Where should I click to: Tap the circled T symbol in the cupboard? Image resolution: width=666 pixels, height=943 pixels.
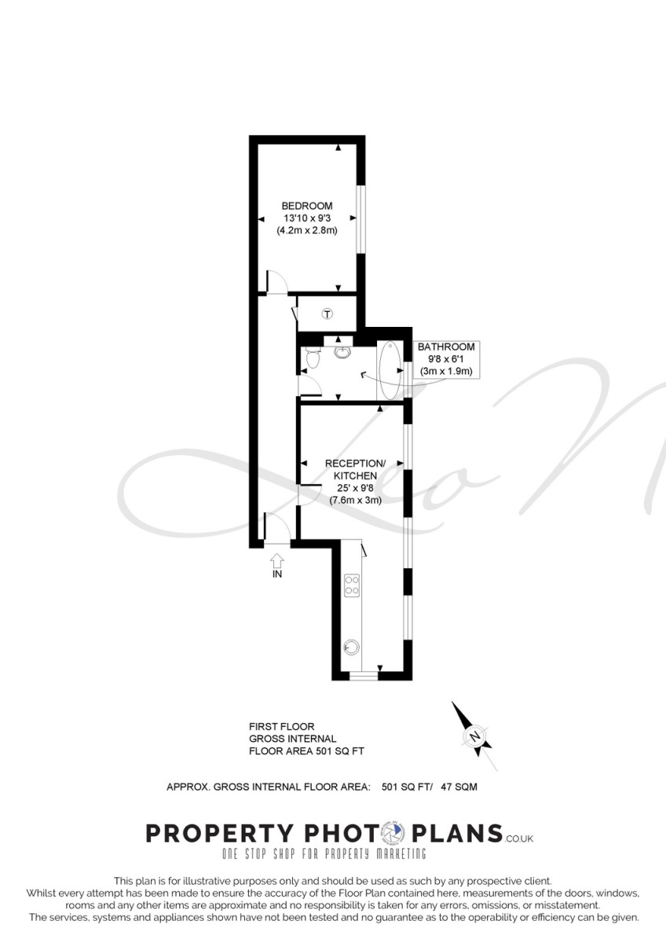328,314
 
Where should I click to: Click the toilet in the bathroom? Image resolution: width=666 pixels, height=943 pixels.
312,358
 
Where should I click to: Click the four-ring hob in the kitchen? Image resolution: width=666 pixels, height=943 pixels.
352,585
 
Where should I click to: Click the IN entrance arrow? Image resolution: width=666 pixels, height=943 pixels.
276,560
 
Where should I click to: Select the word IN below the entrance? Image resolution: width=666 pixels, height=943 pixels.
276,574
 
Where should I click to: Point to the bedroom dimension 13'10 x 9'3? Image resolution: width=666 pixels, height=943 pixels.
307,218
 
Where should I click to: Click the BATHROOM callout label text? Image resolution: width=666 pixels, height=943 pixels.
446,347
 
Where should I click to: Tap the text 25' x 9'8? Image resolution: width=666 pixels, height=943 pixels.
355,488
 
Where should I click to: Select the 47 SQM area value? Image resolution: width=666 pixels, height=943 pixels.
459,787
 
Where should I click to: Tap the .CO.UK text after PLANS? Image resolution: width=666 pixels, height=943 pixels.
518,838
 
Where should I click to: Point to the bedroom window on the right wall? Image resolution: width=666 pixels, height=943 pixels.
360,219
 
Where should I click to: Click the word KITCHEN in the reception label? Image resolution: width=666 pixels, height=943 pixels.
355,476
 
